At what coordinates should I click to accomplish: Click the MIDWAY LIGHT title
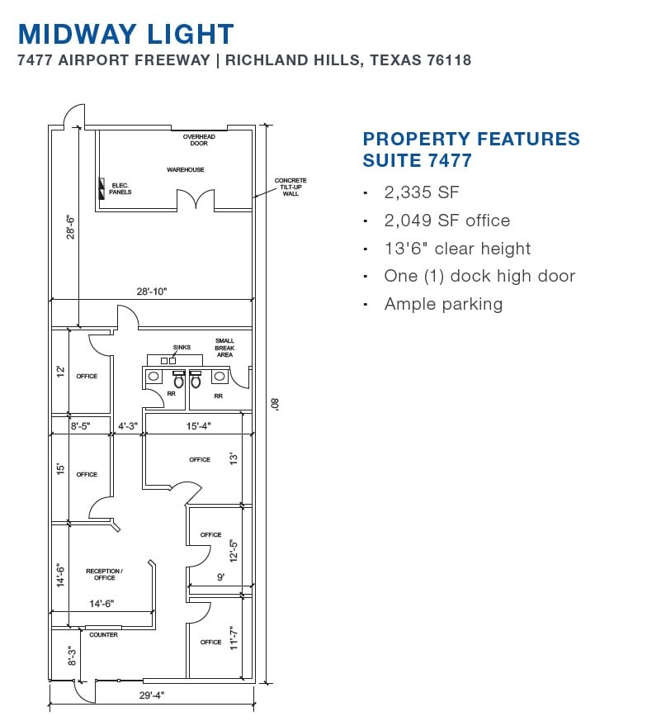(x=125, y=34)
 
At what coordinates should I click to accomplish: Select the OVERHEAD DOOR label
(x=199, y=140)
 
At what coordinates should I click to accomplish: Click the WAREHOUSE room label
(x=186, y=170)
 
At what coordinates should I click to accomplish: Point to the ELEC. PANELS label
(x=120, y=189)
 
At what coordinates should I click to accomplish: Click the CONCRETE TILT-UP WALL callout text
(x=290, y=187)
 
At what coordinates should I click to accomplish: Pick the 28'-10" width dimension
(x=152, y=292)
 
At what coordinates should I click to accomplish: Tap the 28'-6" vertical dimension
(x=70, y=227)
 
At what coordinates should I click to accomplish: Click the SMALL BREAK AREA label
(x=224, y=348)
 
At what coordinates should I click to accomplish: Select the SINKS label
(x=182, y=347)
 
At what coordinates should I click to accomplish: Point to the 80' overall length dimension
(x=275, y=404)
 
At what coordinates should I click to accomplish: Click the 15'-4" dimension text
(x=199, y=426)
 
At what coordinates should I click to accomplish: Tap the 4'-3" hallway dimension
(x=128, y=426)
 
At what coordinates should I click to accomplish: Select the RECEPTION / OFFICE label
(x=105, y=575)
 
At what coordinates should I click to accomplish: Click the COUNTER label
(x=104, y=635)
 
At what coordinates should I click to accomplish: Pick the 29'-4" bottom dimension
(x=152, y=695)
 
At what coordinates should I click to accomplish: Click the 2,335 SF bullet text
(x=422, y=192)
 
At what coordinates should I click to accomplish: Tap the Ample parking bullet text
(x=443, y=305)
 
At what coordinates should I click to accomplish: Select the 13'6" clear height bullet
(x=457, y=249)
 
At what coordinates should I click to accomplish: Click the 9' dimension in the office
(x=221, y=577)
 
